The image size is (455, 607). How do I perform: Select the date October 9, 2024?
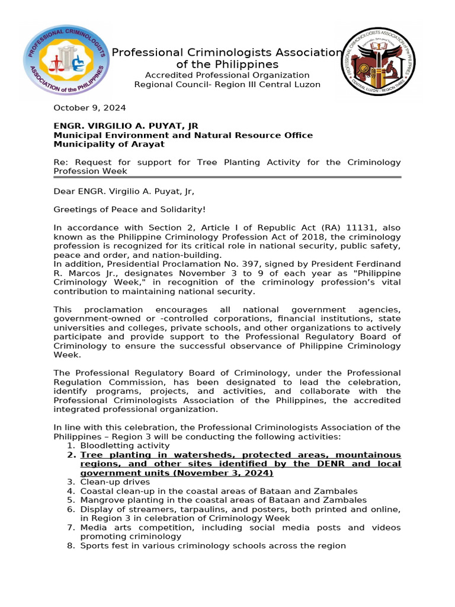[x=89, y=108]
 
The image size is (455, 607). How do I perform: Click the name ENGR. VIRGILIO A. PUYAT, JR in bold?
[x=126, y=126]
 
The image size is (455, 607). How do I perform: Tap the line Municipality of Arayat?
[x=109, y=145]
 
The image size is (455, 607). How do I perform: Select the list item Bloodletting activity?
[x=117, y=445]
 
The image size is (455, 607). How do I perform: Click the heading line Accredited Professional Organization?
[x=227, y=75]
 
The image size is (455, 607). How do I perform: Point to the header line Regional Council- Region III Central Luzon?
[x=227, y=85]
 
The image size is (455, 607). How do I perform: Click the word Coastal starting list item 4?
[x=96, y=491]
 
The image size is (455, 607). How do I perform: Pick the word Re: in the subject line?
[x=60, y=162]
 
